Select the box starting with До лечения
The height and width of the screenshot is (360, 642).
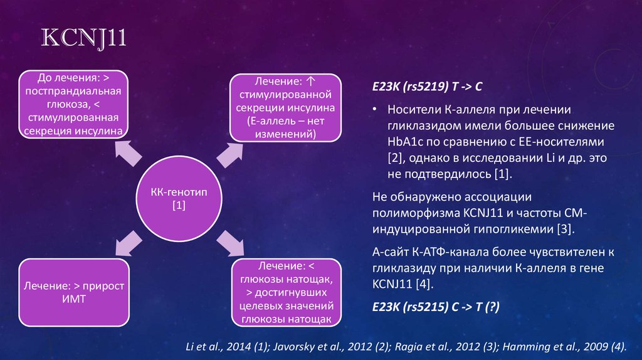[x=74, y=104]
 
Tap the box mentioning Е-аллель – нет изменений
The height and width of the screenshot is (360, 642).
[x=285, y=107]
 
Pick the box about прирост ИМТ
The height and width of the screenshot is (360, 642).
[x=74, y=292]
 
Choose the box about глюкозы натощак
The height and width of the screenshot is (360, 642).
[x=285, y=292]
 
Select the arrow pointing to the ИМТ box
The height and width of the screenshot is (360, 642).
[x=127, y=241]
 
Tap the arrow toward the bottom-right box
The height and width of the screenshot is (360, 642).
[x=229, y=241]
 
